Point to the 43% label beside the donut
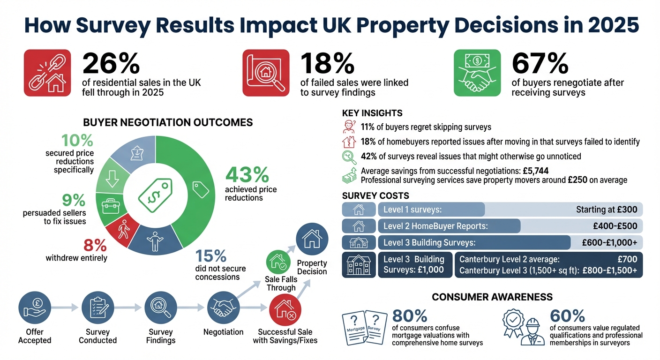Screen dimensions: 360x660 point(247,175)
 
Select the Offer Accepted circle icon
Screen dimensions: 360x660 point(34,307)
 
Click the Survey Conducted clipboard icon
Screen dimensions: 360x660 point(97,307)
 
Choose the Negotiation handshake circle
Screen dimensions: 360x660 point(223,307)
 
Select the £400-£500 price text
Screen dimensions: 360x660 point(615,226)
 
